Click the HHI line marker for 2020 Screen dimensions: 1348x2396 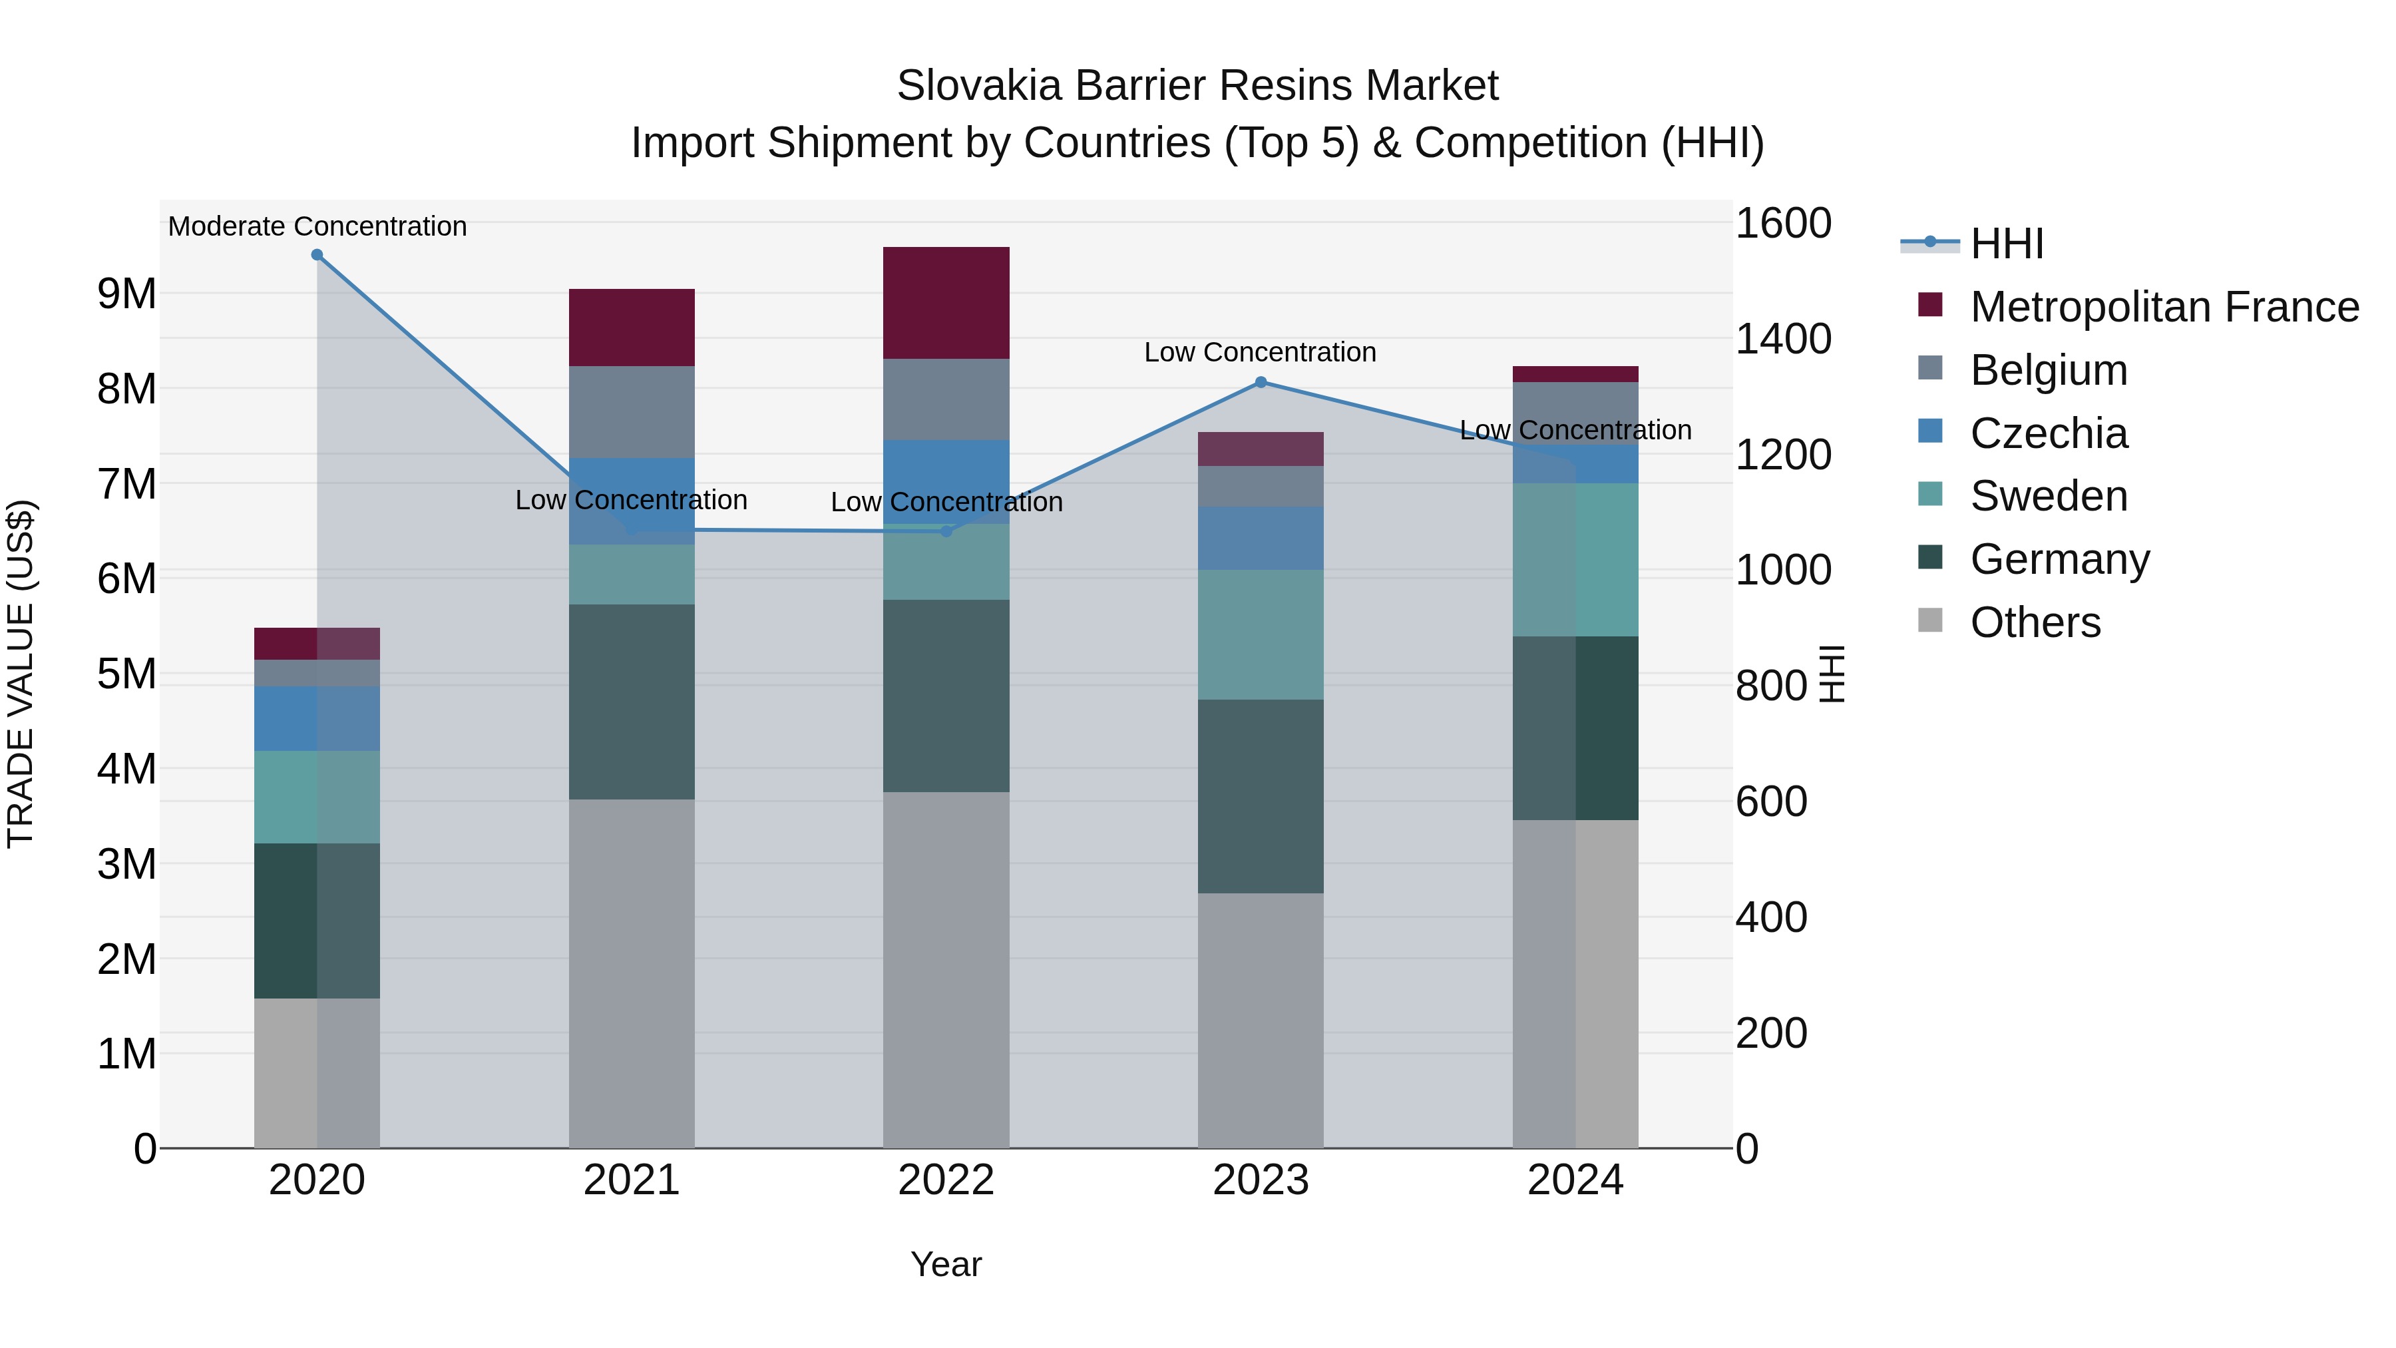point(317,255)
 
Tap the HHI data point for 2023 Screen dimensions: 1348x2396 point(1261,382)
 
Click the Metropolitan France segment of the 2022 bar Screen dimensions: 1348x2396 point(946,304)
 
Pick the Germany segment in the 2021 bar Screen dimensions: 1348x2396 point(632,702)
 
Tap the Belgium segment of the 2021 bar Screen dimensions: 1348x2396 point(632,411)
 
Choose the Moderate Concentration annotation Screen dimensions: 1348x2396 point(317,227)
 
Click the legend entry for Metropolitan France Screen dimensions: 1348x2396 point(2164,307)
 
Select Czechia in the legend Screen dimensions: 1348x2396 point(2048,433)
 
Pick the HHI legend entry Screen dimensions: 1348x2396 point(2006,244)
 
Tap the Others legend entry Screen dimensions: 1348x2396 point(2035,622)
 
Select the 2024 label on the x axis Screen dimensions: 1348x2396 point(1575,1180)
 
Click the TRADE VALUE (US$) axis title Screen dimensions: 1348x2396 point(21,674)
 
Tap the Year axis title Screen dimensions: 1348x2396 point(946,1264)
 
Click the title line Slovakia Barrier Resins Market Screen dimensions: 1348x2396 point(1197,86)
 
